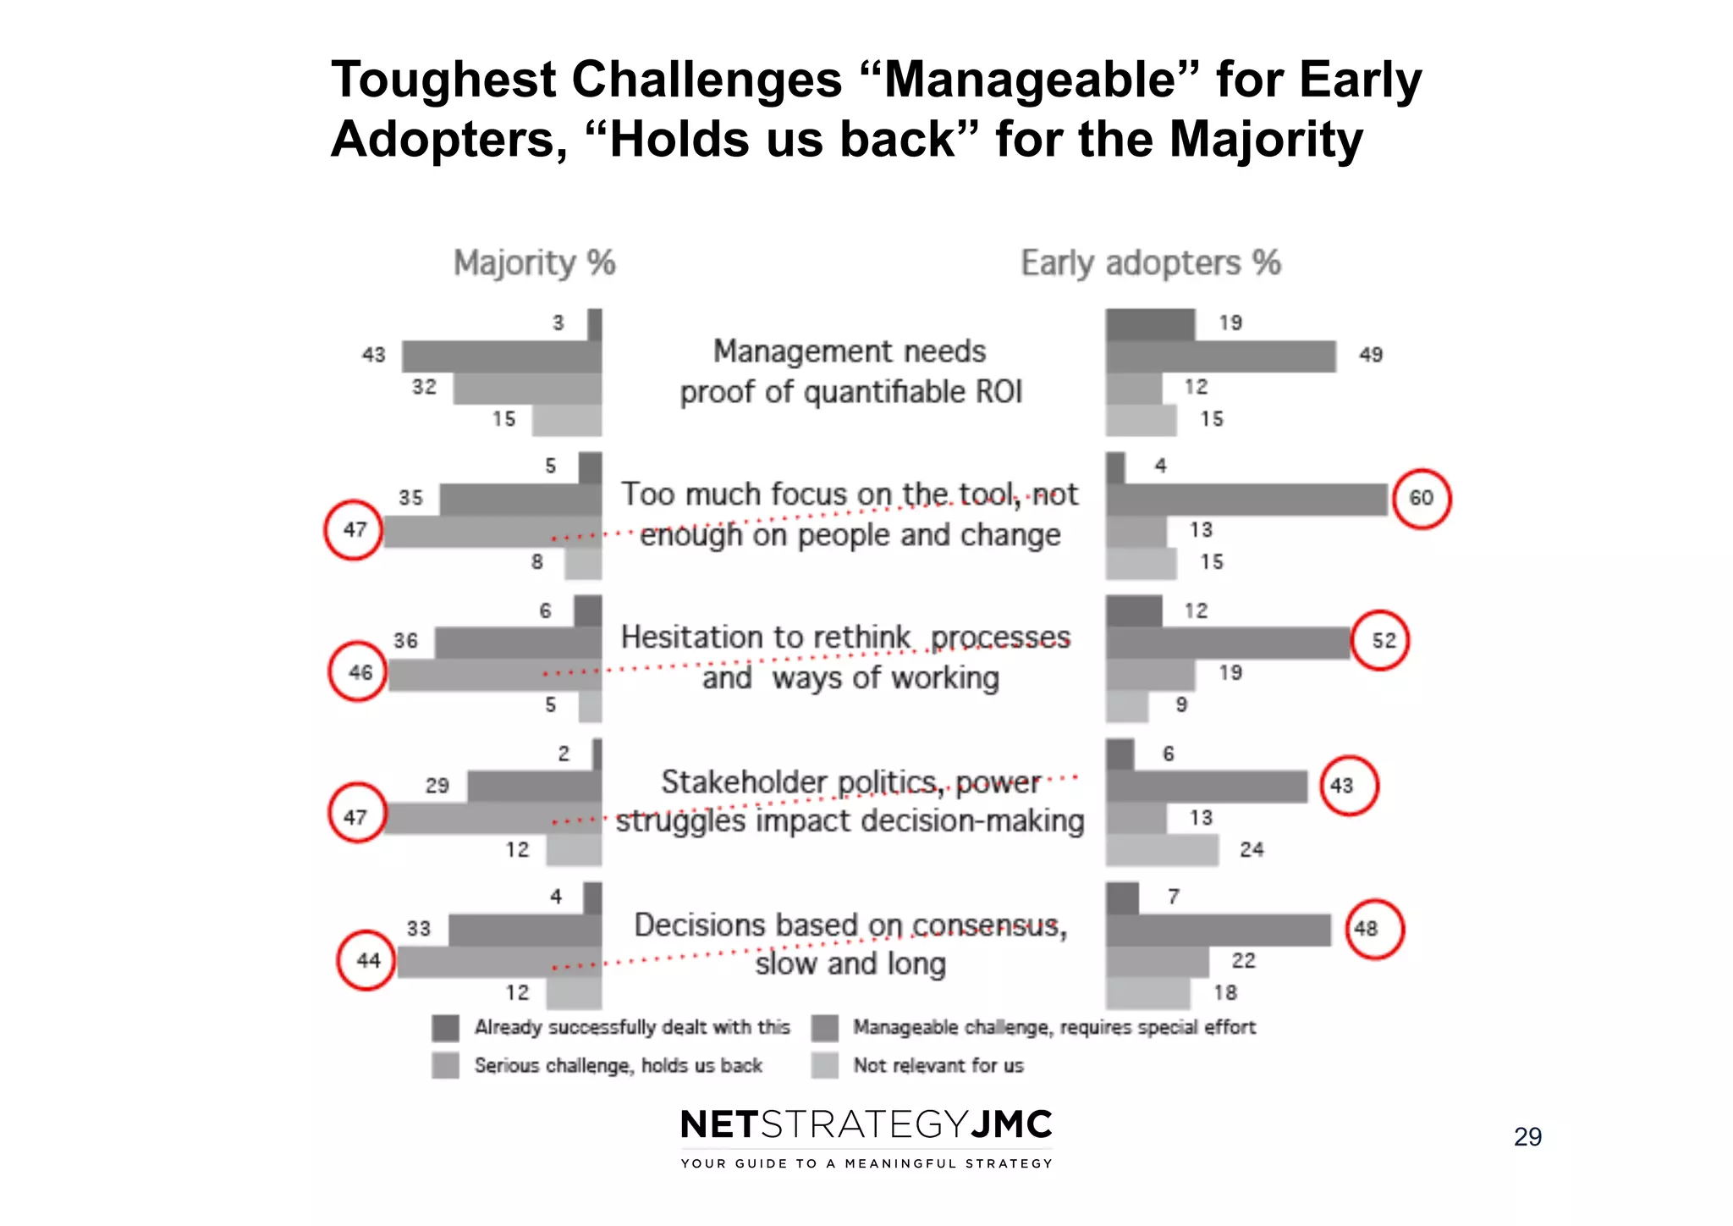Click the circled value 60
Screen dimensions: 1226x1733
(1422, 499)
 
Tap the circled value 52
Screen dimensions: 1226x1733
(1381, 640)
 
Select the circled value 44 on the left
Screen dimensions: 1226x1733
(366, 961)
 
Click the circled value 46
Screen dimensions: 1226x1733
(359, 672)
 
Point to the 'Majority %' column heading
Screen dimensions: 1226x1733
(534, 262)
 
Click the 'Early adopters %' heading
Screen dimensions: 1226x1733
(1151, 262)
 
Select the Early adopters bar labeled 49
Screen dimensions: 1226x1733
(1220, 356)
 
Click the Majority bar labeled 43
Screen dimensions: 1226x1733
(501, 356)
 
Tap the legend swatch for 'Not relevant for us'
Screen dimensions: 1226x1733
(824, 1065)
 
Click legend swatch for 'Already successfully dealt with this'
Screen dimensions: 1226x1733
(445, 1028)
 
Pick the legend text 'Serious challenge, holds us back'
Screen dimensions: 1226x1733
(618, 1065)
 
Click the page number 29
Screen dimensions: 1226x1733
(1527, 1136)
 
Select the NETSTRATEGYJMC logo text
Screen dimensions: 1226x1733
(866, 1124)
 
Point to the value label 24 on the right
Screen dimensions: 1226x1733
(1252, 849)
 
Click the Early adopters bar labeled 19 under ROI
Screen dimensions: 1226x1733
(1150, 324)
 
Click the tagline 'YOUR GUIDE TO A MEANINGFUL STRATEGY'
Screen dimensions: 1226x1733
(866, 1163)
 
